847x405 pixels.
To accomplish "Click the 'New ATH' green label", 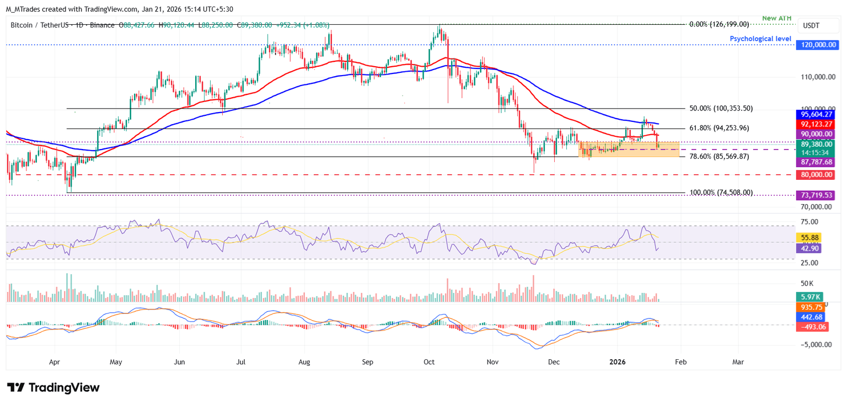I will [x=777, y=18].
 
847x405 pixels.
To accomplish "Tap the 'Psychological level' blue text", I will [x=760, y=39].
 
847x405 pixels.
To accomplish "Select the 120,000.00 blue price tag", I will [x=817, y=45].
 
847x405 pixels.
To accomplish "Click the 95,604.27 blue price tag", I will [x=817, y=115].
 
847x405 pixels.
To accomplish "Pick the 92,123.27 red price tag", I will [x=817, y=125].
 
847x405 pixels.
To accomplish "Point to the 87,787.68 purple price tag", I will [x=817, y=162].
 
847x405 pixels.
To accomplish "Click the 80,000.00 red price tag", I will [x=817, y=175].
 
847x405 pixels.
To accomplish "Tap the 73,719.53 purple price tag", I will [x=817, y=195].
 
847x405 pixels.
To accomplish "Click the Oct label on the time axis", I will [x=429, y=362].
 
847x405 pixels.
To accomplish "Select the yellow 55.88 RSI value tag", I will [x=808, y=238].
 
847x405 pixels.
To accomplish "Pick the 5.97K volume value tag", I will [x=808, y=296].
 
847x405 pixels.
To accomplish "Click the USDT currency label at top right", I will [x=811, y=25].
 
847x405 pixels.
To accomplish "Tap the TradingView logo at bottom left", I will [x=53, y=387].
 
